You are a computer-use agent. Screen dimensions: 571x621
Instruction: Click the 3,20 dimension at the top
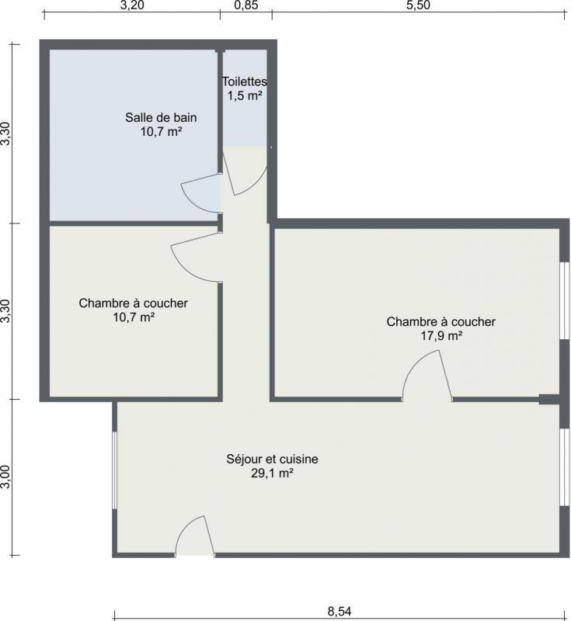click(x=132, y=5)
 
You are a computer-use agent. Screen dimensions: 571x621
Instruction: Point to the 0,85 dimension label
click(x=246, y=5)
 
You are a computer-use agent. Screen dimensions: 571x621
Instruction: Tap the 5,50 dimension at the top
click(x=419, y=5)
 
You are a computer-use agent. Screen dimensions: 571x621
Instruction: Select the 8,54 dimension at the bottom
click(x=339, y=611)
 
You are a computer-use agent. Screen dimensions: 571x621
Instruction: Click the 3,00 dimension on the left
click(x=5, y=477)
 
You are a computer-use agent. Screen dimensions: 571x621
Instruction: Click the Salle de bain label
click(x=161, y=117)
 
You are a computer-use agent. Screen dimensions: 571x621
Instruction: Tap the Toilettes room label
click(x=245, y=82)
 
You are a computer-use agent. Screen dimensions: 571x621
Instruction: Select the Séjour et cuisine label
click(x=272, y=459)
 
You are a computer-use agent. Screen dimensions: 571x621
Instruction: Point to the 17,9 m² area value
click(x=441, y=336)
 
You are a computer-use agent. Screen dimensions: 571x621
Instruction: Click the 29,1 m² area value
click(x=272, y=473)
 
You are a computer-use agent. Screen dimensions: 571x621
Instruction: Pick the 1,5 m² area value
click(x=245, y=95)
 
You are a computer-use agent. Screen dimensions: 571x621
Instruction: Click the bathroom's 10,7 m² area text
click(x=161, y=131)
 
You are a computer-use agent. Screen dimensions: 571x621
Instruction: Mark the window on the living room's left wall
click(x=114, y=470)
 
